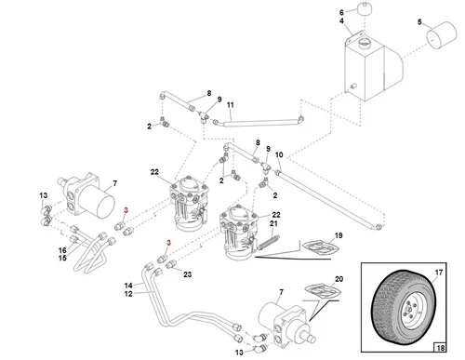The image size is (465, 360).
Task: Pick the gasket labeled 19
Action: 319,248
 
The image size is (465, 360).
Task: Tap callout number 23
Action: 187,274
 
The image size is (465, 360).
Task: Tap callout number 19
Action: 339,236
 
